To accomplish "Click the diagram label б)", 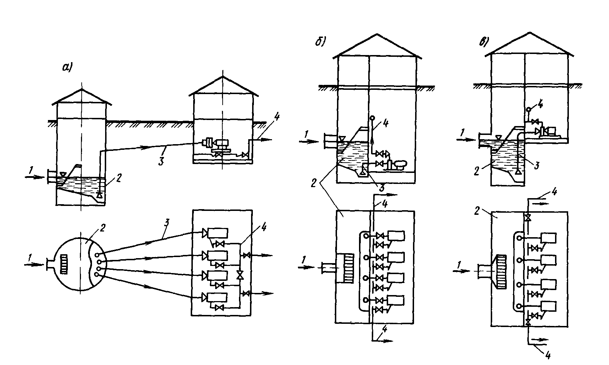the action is pyautogui.click(x=320, y=42).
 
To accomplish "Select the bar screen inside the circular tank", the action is pyautogui.click(x=64, y=265).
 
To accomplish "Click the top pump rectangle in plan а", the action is pyautogui.click(x=218, y=233).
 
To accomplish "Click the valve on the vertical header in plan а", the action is pyautogui.click(x=240, y=275).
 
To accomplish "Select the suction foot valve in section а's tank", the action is pyautogui.click(x=100, y=195).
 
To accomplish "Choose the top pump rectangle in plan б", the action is pyautogui.click(x=396, y=236).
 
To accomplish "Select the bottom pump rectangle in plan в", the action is pyautogui.click(x=548, y=306).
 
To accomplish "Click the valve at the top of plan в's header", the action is pyautogui.click(x=527, y=217).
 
